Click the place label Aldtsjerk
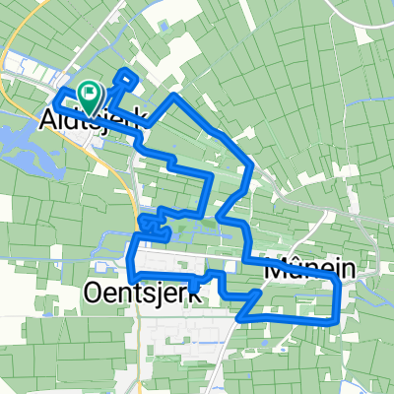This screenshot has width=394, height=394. point(94,119)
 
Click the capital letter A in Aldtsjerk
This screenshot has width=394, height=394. point(49,119)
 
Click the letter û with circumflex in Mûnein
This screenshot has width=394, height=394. point(295,267)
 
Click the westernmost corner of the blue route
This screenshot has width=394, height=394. point(55,95)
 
